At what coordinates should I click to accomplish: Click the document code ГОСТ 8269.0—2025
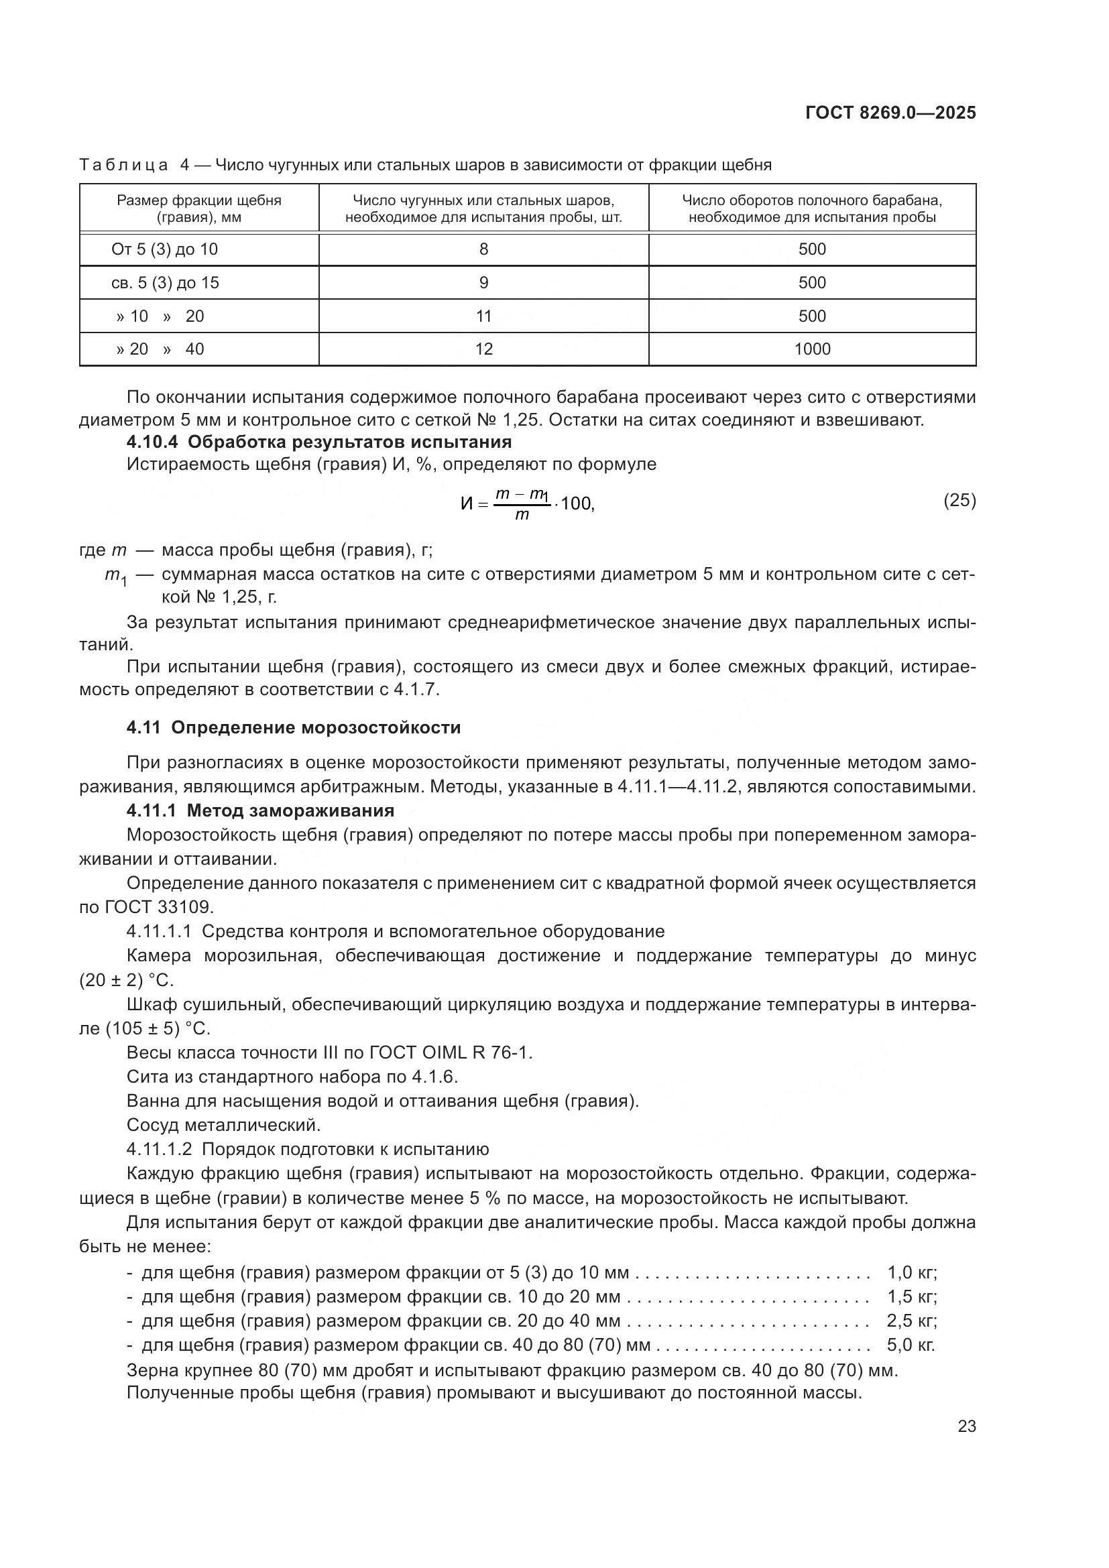pyautogui.click(x=890, y=113)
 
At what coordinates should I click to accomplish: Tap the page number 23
pyautogui.click(x=966, y=1426)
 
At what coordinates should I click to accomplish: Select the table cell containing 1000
pyautogui.click(x=812, y=349)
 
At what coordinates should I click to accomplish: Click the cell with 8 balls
pyautogui.click(x=483, y=249)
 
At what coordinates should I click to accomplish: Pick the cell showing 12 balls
pyautogui.click(x=483, y=349)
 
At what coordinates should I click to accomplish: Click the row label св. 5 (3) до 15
pyautogui.click(x=165, y=283)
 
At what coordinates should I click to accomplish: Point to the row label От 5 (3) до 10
pyautogui.click(x=164, y=249)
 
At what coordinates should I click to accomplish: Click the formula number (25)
pyautogui.click(x=959, y=501)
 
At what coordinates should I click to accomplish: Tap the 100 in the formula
pyautogui.click(x=577, y=504)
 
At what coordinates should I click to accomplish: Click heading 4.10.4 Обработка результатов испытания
pyautogui.click(x=319, y=442)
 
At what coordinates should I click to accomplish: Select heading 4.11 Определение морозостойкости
pyautogui.click(x=294, y=727)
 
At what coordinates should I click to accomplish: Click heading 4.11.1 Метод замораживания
pyautogui.click(x=260, y=810)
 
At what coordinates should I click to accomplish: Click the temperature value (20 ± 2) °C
pyautogui.click(x=126, y=980)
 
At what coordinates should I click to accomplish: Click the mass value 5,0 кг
pyautogui.click(x=910, y=1345)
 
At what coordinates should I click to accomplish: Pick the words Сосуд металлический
pyautogui.click(x=223, y=1124)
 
